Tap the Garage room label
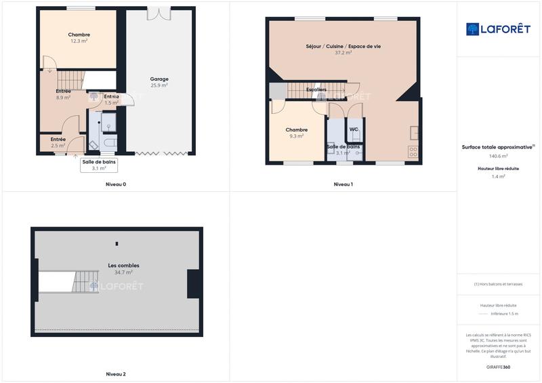coord(159,79)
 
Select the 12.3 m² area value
coord(79,41)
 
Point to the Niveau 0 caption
coord(116,184)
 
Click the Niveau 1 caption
coord(343,184)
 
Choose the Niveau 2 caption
coord(116,374)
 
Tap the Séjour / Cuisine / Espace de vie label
coord(343,46)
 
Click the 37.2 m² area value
coord(343,53)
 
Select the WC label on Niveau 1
coord(354,129)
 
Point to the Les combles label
coord(123,265)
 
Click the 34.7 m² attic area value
coord(123,272)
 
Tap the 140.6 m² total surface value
coord(499,156)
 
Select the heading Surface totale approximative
coord(497,146)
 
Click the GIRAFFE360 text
coord(499,367)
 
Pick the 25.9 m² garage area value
coord(159,86)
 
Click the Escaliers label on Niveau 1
coord(316,89)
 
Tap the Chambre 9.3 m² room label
coord(297,129)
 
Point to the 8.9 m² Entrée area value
coord(64,98)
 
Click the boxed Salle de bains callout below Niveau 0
coord(99,165)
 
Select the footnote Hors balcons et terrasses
coord(499,285)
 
